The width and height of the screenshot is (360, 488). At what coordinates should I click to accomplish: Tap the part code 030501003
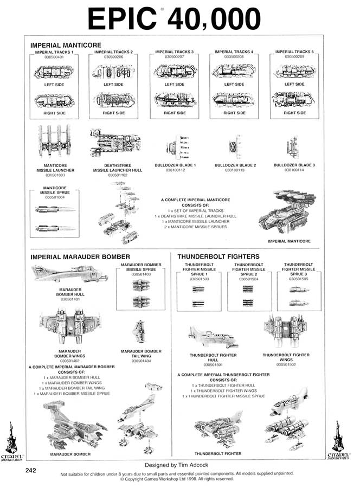55,176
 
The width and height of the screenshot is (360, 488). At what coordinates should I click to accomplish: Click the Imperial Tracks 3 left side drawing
174,72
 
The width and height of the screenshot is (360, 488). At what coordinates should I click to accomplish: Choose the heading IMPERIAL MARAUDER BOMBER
80,256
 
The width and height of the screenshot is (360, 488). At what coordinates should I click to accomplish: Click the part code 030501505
299,278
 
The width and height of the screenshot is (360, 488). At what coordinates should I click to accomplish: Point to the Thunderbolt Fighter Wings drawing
286,331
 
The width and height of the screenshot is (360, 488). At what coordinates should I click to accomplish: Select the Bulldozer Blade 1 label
176,165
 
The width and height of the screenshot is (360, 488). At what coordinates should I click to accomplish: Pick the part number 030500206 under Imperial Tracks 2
113,56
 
